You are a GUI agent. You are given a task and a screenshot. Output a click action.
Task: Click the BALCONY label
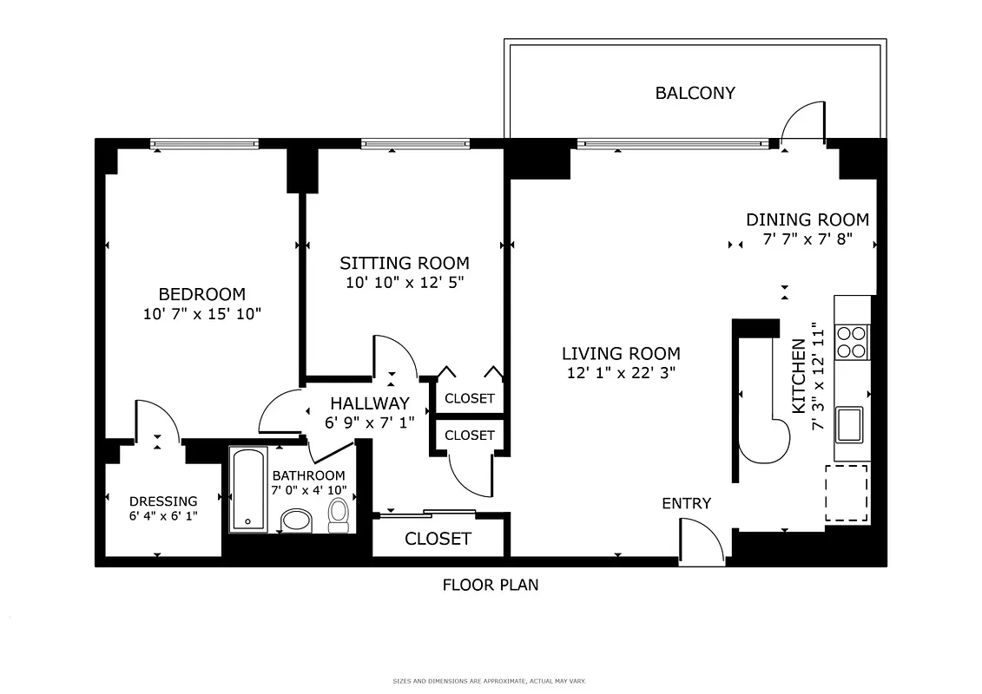tap(695, 93)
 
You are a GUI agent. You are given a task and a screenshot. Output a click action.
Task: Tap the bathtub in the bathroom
tap(248, 489)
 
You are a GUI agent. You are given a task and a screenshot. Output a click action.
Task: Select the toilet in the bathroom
tap(339, 515)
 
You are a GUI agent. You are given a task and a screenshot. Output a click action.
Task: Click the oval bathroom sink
tap(297, 520)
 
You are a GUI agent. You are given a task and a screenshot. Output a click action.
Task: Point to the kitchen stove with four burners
tap(852, 341)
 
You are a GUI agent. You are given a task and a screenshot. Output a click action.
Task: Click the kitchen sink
tap(848, 425)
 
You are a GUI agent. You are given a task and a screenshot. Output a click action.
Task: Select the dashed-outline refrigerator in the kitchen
tap(846, 493)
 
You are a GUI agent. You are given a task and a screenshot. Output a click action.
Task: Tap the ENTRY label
tap(686, 503)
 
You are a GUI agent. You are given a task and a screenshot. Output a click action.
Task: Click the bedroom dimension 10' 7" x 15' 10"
tap(202, 313)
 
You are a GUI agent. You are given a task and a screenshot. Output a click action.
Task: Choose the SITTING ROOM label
tap(404, 263)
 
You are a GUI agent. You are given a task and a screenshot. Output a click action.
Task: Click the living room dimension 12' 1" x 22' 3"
tap(621, 373)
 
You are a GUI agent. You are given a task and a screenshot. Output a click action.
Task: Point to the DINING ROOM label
tap(807, 220)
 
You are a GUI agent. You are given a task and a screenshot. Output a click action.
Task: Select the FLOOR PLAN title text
tap(491, 585)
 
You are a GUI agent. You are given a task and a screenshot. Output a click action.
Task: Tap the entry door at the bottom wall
tap(702, 543)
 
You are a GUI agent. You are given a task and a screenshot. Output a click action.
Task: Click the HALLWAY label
tap(369, 403)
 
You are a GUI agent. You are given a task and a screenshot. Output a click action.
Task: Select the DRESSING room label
tap(163, 501)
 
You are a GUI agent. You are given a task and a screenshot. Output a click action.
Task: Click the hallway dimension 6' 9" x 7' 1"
tap(369, 422)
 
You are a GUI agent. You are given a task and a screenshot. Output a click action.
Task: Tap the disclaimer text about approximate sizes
tap(491, 681)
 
